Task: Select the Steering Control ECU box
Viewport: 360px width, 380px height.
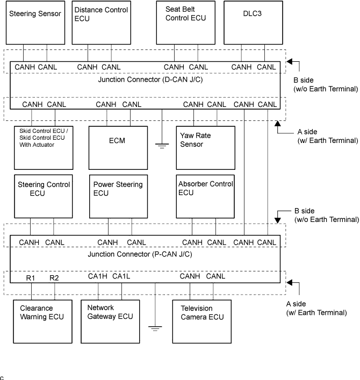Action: tap(43, 196)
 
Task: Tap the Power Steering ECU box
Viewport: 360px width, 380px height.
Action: tap(118, 196)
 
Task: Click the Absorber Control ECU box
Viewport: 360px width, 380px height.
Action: tap(205, 196)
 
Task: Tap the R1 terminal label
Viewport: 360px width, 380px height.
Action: tap(31, 278)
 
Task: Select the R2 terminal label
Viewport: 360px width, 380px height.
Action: tap(54, 278)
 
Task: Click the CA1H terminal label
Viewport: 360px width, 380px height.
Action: tap(98, 276)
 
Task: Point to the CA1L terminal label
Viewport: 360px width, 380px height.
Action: tap(121, 276)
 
